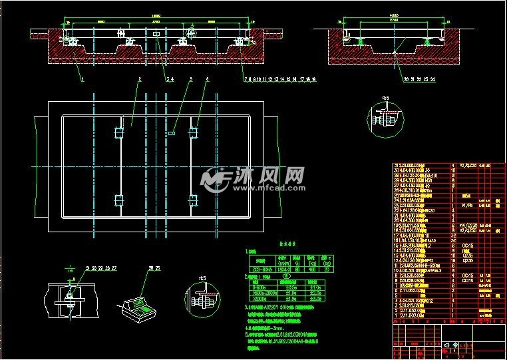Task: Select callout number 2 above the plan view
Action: click(139, 79)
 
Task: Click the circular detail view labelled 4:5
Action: click(384, 120)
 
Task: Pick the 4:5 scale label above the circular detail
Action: click(385, 98)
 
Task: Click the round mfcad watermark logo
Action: click(214, 179)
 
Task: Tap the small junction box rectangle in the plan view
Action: click(172, 133)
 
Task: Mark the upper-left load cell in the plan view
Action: click(120, 133)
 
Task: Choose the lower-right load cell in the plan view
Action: click(194, 199)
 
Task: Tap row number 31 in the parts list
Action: click(397, 165)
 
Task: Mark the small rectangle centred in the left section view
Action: click(156, 34)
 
